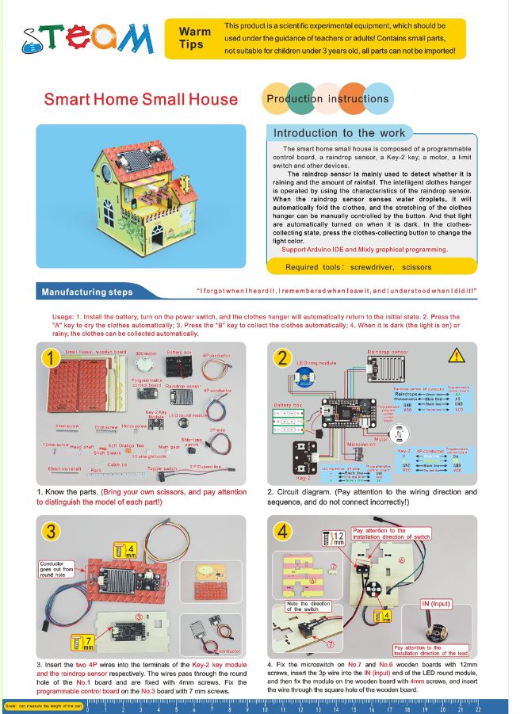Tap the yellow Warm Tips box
click(x=195, y=38)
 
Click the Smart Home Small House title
click(x=140, y=99)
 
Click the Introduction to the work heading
click(x=338, y=133)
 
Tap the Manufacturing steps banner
click(x=88, y=292)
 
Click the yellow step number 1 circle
click(x=52, y=359)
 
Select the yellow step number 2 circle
click(x=283, y=358)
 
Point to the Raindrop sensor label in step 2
click(x=388, y=350)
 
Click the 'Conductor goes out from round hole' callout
click(x=55, y=567)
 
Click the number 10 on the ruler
click(x=264, y=708)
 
